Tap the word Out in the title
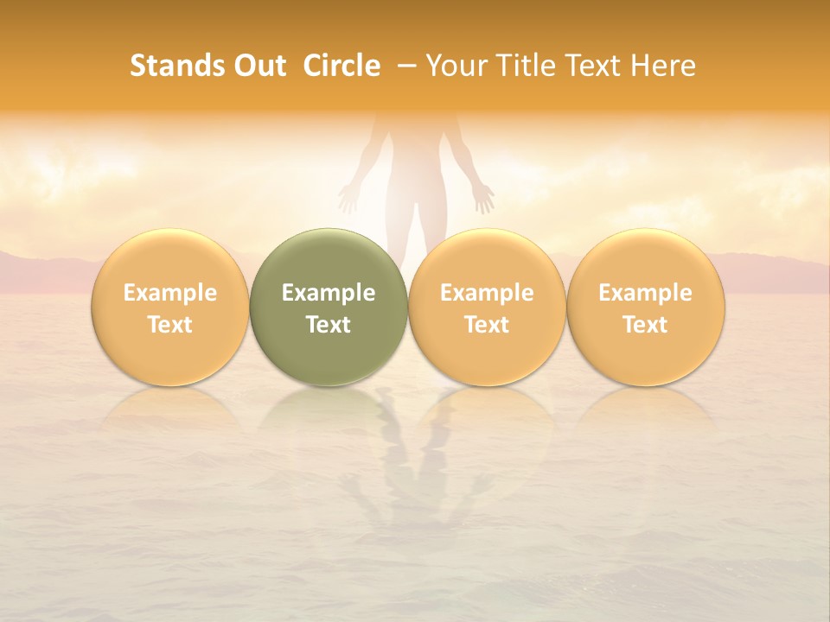coord(257,66)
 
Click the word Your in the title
coord(456,66)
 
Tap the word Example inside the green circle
coord(329,293)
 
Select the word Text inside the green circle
coord(329,325)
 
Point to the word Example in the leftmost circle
coord(170,293)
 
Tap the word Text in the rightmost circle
coord(646,325)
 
